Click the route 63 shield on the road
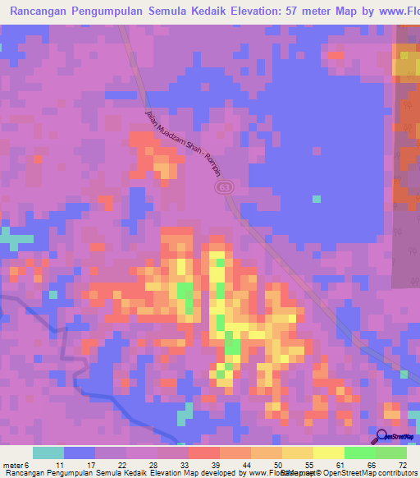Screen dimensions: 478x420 click(x=225, y=188)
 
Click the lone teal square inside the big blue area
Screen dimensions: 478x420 click(x=317, y=198)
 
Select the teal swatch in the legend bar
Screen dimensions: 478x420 click(x=48, y=453)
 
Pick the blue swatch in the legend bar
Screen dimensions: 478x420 click(x=80, y=453)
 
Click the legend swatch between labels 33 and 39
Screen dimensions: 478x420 click(x=204, y=453)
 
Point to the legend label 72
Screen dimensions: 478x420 click(x=402, y=466)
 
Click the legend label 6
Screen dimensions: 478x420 click(x=26, y=466)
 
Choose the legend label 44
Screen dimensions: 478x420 click(x=245, y=466)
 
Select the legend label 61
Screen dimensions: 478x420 click(x=339, y=466)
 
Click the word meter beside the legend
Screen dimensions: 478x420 click(x=12, y=466)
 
